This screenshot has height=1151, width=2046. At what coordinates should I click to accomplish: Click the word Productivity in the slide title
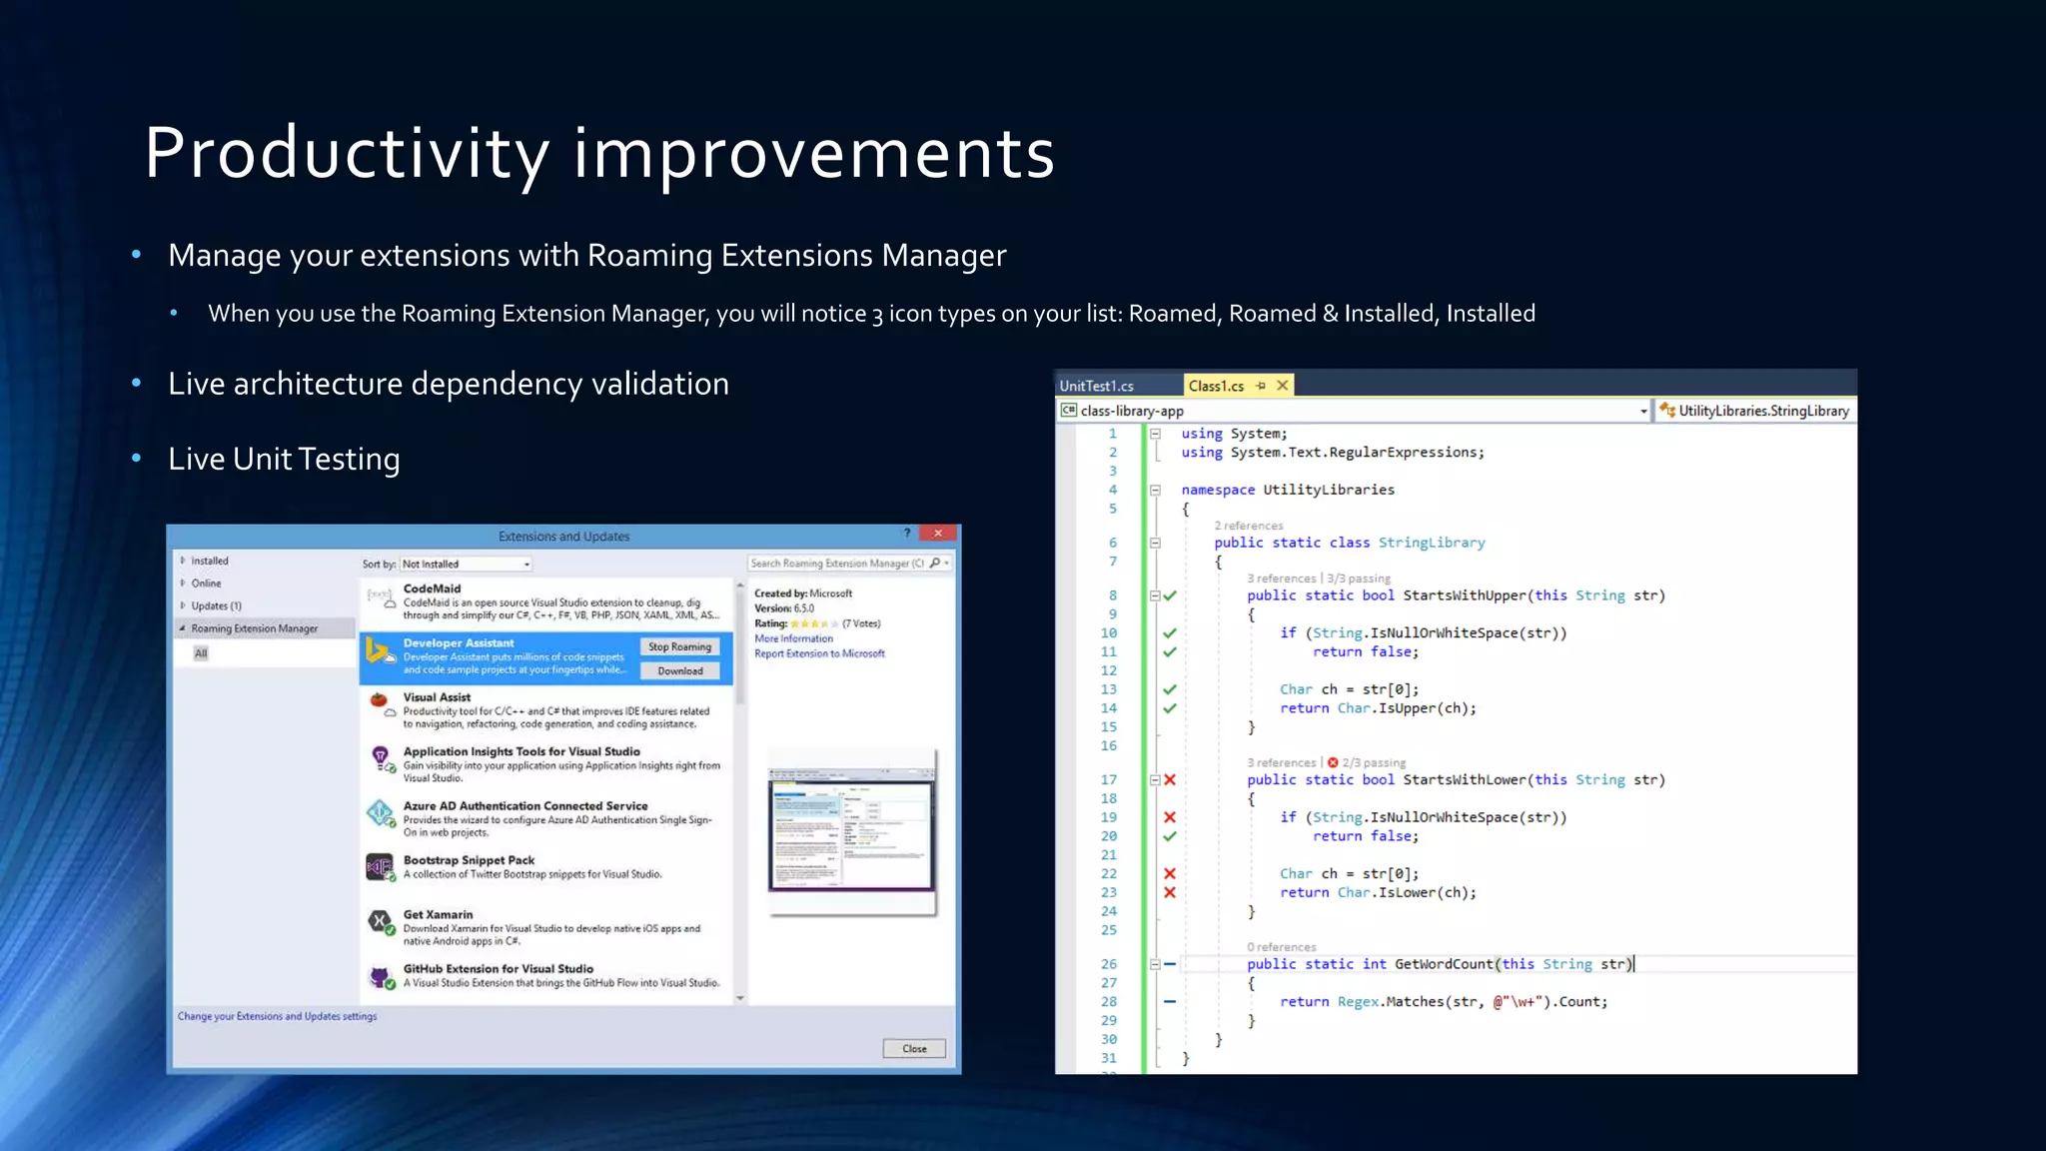(x=347, y=154)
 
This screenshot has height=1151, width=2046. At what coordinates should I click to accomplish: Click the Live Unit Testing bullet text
(x=284, y=459)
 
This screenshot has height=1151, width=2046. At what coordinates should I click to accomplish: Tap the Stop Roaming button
(x=679, y=646)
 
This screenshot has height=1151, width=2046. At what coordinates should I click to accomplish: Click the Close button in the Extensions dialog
(x=914, y=1048)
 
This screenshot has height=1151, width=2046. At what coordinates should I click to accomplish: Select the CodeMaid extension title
(x=432, y=588)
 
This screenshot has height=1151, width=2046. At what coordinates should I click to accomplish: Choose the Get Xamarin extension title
(x=438, y=914)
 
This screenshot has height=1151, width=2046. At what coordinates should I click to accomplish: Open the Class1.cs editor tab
(x=1216, y=386)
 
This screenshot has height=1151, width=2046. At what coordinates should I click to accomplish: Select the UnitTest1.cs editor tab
(x=1096, y=386)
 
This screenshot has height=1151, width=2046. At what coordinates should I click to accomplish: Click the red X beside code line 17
(x=1170, y=780)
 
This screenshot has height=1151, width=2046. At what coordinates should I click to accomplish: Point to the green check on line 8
(x=1170, y=595)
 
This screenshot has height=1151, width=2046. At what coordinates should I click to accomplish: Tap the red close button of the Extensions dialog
(x=937, y=534)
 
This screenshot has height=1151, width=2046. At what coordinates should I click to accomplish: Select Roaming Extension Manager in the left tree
(x=255, y=628)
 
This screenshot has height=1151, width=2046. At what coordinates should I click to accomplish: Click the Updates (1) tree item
(x=216, y=605)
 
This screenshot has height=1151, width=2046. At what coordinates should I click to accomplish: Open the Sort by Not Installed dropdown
(x=466, y=564)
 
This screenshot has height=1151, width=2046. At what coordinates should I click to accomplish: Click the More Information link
(x=793, y=638)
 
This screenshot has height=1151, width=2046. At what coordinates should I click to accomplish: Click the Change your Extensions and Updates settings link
(x=277, y=1016)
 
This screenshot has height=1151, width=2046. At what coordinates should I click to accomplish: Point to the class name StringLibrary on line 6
(x=1431, y=543)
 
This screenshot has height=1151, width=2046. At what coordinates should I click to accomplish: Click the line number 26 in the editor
(x=1109, y=964)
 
